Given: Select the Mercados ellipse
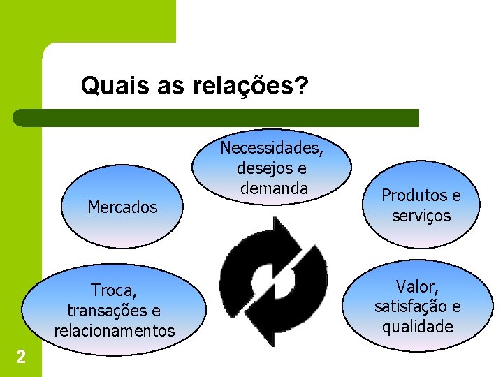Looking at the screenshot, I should [x=122, y=207].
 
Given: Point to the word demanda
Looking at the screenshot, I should [x=272, y=188].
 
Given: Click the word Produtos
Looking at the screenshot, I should [x=411, y=196].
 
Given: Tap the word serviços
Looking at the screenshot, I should [x=421, y=216].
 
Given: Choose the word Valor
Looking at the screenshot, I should [x=417, y=286].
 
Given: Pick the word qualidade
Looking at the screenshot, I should [x=417, y=327].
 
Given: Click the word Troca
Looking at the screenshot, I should [x=113, y=290].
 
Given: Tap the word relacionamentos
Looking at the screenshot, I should [x=115, y=330].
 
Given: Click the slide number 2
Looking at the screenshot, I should [x=21, y=358].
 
